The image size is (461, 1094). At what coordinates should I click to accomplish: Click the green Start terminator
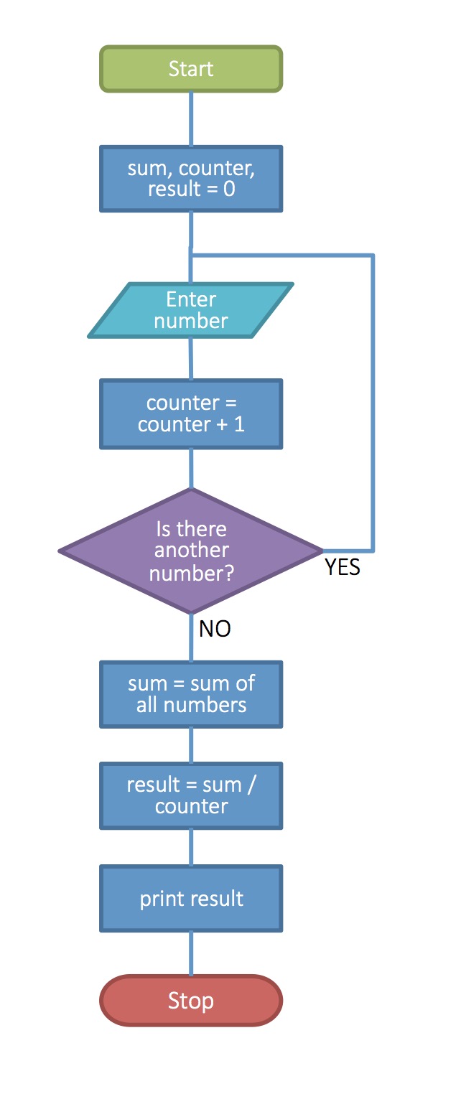[191, 69]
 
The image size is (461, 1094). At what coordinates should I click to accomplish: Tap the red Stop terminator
[191, 1000]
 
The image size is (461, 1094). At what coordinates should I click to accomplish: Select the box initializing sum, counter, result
[191, 179]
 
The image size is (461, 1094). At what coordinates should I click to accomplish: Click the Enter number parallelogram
[191, 310]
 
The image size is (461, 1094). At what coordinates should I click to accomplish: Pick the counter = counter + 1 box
[191, 414]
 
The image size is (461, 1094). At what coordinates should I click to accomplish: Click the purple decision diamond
[191, 551]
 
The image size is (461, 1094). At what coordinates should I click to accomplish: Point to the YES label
[343, 567]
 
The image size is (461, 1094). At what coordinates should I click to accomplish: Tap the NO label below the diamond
[215, 629]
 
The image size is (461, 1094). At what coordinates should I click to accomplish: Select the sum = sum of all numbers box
[191, 694]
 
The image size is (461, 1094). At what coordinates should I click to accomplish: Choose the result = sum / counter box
[191, 795]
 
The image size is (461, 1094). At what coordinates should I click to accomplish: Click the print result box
[191, 899]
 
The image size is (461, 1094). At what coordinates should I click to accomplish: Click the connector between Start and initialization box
[191, 119]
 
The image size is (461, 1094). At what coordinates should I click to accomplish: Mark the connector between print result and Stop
[191, 953]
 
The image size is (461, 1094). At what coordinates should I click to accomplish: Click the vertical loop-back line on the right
[373, 402]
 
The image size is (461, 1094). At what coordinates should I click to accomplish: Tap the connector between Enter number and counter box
[191, 358]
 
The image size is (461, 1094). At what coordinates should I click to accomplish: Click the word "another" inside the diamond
[191, 551]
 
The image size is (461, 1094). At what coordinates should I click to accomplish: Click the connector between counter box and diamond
[191, 469]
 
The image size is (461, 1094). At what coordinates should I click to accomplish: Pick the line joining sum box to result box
[191, 746]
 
